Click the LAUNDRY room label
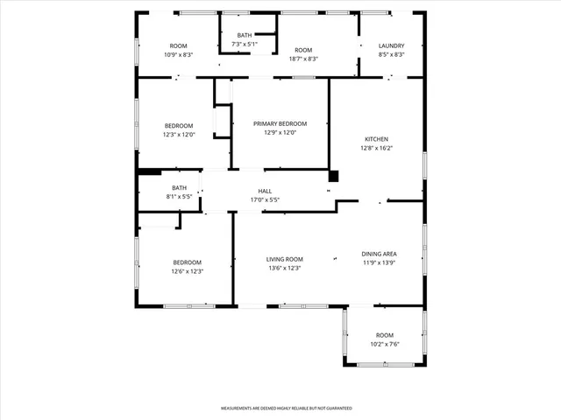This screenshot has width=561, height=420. (391, 45)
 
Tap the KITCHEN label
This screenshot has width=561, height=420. (376, 139)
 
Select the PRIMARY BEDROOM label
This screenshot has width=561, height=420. (280, 124)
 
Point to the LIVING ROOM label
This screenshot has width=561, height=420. (285, 259)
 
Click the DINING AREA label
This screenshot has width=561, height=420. (379, 254)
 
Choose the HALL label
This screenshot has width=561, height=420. (265, 191)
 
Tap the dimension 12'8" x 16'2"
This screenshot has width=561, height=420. (376, 149)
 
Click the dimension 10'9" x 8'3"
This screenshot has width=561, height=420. (179, 55)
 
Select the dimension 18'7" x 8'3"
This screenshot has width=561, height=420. (303, 59)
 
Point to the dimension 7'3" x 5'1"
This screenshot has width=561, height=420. (244, 44)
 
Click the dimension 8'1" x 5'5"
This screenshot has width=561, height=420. (179, 197)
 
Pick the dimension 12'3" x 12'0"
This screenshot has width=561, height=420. (178, 135)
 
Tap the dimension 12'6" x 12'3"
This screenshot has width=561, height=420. (187, 272)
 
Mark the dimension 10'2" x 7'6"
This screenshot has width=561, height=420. (385, 345)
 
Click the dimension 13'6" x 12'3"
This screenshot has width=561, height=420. (285, 269)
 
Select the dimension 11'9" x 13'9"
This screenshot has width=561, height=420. (379, 263)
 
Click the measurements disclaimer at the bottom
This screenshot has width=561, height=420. (286, 409)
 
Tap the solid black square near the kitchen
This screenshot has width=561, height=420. (333, 176)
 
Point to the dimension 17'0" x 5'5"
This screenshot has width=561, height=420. (265, 200)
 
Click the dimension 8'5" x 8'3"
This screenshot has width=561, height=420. (391, 55)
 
